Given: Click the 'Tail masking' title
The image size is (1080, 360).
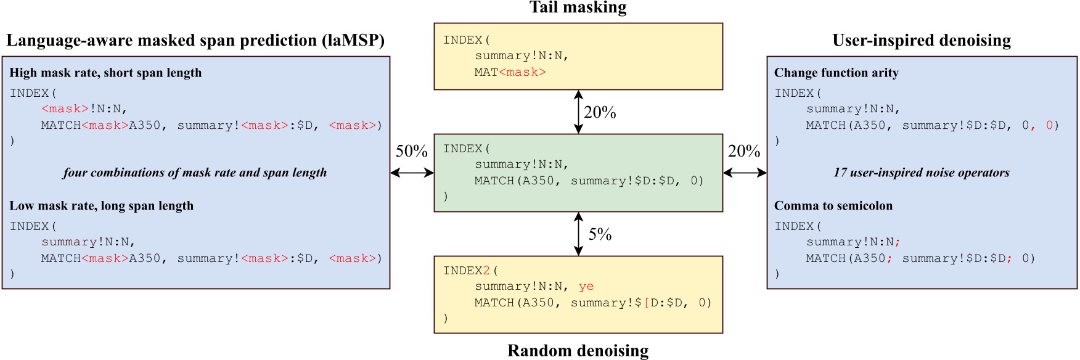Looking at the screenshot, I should tap(578, 7).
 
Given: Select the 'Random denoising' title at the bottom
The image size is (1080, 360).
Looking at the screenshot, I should tap(578, 351).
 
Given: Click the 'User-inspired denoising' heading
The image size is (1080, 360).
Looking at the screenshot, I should tap(922, 41).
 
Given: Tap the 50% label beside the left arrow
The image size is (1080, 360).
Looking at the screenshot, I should tap(411, 151).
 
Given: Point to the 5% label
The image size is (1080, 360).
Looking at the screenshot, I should tap(600, 234).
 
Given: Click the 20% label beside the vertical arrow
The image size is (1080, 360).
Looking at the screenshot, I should tap(600, 112).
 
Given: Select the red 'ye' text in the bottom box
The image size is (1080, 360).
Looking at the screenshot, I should tap(586, 287).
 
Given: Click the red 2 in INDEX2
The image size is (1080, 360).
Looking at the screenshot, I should tap(486, 271).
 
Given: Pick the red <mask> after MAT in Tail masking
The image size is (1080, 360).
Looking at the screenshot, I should tap(522, 72).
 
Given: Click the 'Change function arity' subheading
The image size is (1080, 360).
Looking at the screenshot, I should tap(836, 73).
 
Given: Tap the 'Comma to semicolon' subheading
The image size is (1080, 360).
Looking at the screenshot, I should tap(833, 206).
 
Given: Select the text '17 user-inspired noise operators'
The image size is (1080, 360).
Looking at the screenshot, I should tap(921, 173).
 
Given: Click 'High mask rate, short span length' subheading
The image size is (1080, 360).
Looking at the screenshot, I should tap(105, 73).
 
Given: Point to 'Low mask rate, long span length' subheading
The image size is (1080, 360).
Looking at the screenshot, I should tap(101, 206).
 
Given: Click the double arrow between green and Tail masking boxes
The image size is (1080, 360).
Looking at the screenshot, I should tap(578, 112).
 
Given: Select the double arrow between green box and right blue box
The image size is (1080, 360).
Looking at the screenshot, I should tap(745, 173).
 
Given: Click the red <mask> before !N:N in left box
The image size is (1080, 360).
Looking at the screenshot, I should tap(65, 109).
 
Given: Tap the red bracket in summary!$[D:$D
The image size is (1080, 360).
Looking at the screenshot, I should tap(647, 303).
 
